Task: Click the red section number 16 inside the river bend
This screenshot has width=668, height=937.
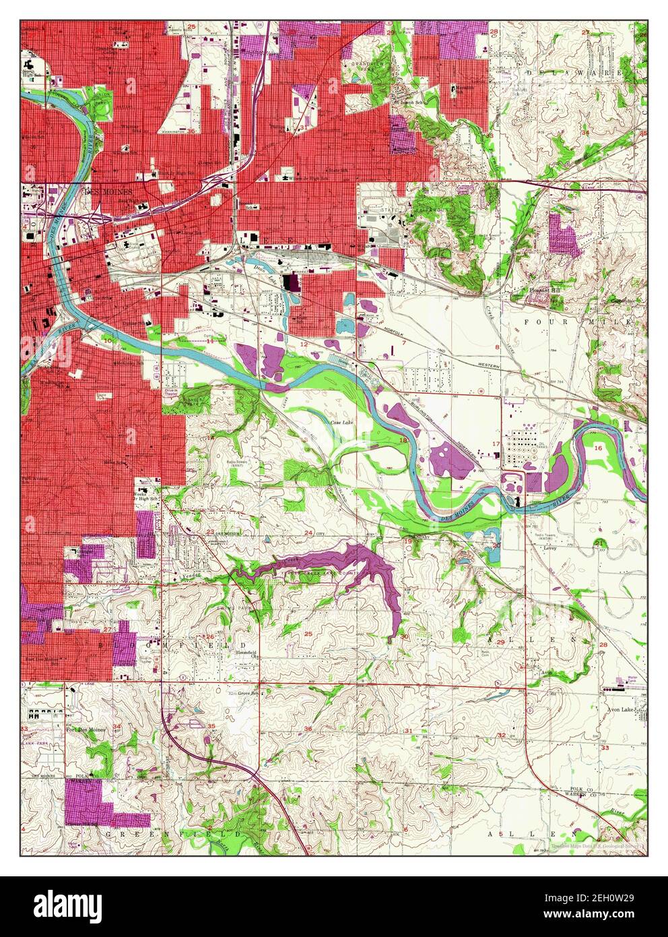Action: click(597, 448)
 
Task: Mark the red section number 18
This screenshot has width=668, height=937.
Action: click(403, 440)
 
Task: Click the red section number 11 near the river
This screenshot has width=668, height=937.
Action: click(210, 342)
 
